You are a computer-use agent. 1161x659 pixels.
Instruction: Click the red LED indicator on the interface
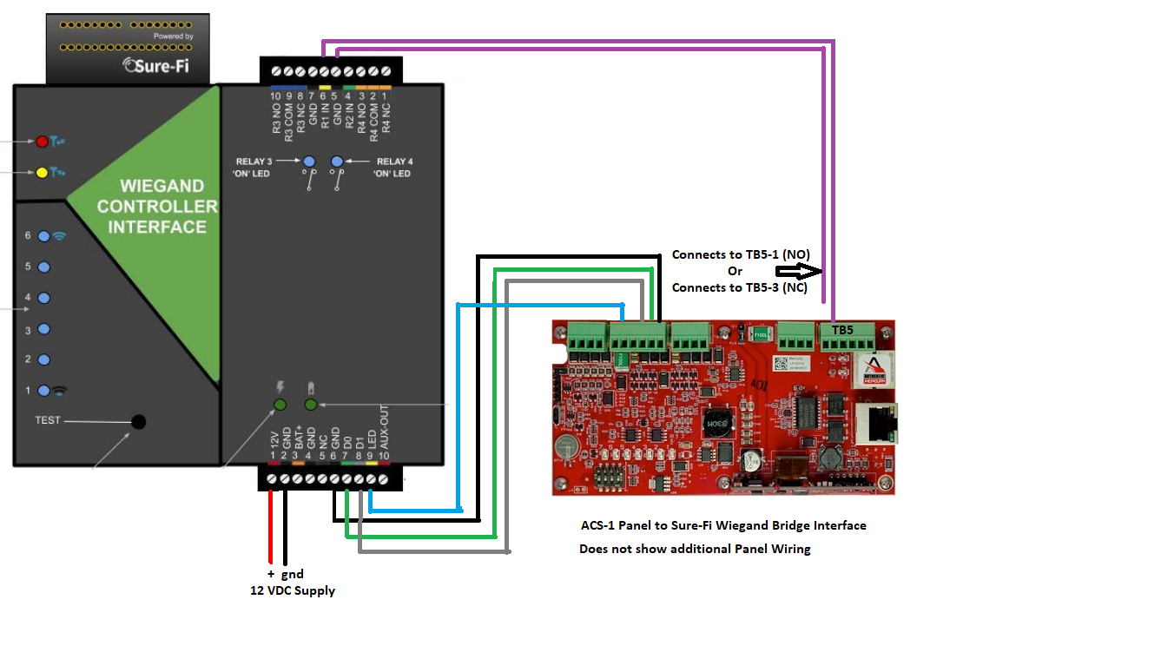pos(41,141)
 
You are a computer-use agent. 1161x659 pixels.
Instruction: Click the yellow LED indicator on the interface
pos(41,172)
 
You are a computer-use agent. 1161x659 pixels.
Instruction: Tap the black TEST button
pos(138,422)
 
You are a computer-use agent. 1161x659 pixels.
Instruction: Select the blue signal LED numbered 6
pos(43,235)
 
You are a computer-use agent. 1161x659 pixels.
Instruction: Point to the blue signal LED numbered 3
pos(43,330)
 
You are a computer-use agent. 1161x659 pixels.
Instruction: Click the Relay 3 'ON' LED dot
pos(309,161)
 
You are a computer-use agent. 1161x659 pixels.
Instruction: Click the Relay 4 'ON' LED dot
pos(337,161)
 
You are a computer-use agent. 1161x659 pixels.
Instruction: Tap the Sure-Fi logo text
pos(161,64)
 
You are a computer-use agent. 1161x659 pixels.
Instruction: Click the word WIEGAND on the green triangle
pos(149,186)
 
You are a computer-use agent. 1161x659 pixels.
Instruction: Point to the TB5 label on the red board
pos(842,331)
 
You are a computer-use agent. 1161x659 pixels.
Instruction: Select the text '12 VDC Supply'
pos(292,590)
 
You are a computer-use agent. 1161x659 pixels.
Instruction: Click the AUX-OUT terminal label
pos(384,427)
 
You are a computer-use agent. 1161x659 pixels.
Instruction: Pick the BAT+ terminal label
pos(298,432)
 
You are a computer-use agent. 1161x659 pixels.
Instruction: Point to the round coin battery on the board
pos(569,446)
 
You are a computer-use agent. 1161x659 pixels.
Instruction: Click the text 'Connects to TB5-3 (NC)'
pos(740,287)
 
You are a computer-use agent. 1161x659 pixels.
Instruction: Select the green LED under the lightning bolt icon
pos(280,405)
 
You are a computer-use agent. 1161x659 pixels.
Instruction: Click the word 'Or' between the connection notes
pos(735,271)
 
